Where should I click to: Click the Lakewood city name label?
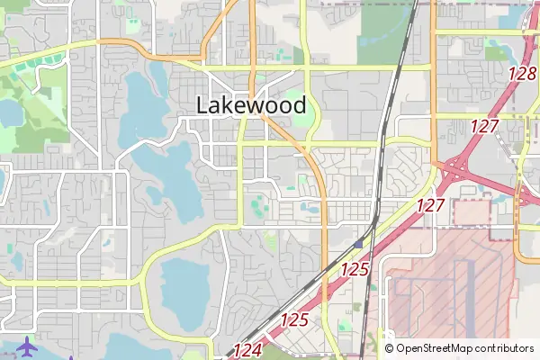pos(251,105)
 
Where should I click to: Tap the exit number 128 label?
pos(522,74)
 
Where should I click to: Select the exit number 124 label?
pos(247,350)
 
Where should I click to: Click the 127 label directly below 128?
pos(483,126)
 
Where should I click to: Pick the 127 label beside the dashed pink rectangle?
pos(431,205)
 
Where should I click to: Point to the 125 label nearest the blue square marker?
pos(355,268)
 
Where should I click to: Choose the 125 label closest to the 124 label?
pos(294,319)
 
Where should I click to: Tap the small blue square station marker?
pos(359,243)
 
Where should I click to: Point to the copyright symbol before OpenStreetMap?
pos(389,348)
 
